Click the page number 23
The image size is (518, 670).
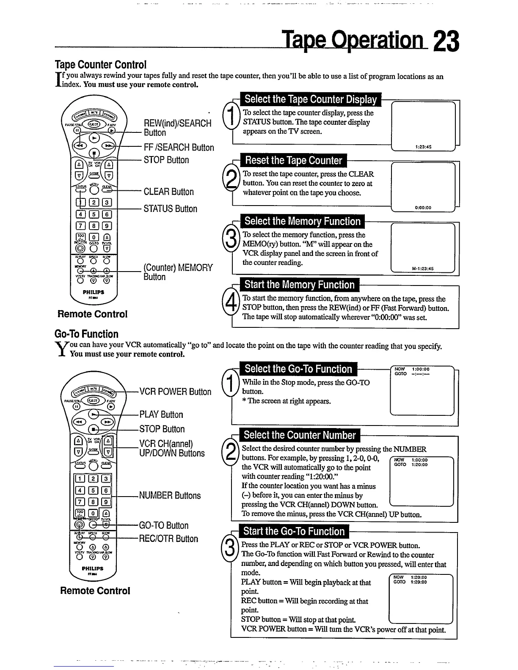point(446,42)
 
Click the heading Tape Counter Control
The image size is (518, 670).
point(101,65)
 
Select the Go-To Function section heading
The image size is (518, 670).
point(87,334)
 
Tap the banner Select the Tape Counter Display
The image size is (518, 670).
point(310,99)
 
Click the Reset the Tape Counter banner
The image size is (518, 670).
point(293,161)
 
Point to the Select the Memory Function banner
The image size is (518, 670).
point(302,221)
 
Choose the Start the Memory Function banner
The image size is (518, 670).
point(299,285)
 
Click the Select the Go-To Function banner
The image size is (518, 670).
point(298,369)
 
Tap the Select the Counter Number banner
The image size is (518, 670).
point(300,435)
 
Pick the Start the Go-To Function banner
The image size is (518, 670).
point(294,531)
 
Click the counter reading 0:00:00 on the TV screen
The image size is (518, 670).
point(423,208)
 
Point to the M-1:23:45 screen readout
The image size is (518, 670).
point(422,269)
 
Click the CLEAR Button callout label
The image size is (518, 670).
point(168,192)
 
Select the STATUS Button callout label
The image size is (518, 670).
point(170,209)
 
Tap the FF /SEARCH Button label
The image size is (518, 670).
point(179,148)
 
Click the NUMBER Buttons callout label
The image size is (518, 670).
point(170,496)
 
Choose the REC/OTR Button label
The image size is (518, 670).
point(168,539)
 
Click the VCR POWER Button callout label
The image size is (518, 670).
point(175,392)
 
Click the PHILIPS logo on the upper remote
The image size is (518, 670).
point(93,292)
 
